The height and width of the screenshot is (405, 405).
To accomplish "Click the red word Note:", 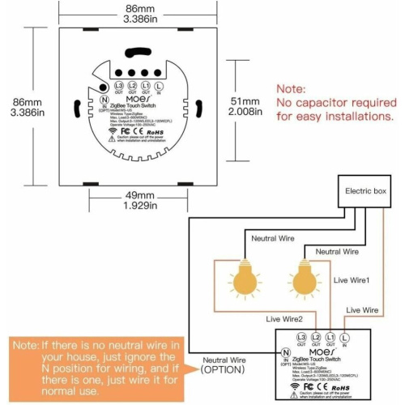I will pos(292,88).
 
